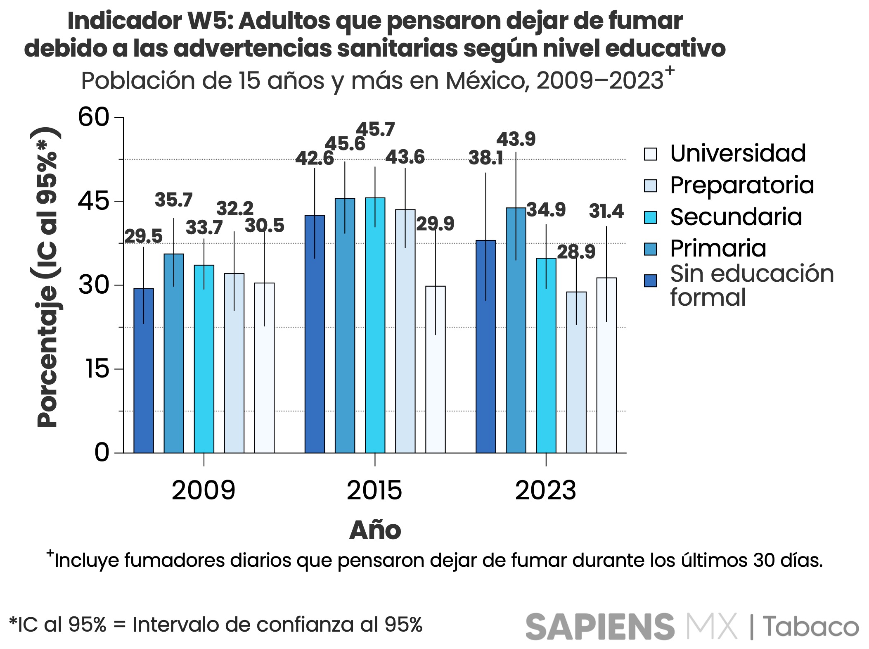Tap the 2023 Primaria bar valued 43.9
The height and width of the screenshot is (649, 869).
point(516,330)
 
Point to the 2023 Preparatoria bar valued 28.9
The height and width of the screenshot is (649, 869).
point(576,372)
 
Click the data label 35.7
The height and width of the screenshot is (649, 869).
point(173,200)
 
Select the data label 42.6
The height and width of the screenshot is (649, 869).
point(314,158)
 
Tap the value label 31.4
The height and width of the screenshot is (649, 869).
point(606,211)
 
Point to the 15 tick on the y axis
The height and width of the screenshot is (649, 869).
point(97,369)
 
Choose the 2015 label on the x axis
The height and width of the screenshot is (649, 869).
point(374,490)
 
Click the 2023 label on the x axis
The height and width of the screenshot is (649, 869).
point(545,490)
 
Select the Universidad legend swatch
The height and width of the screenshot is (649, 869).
point(650,154)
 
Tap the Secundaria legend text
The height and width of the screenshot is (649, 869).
point(736,217)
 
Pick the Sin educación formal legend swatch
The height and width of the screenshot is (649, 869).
point(650,281)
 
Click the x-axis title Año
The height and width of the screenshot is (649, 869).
point(375,530)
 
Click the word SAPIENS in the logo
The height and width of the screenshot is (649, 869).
point(599,626)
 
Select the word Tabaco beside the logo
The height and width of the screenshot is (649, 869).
point(810,626)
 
